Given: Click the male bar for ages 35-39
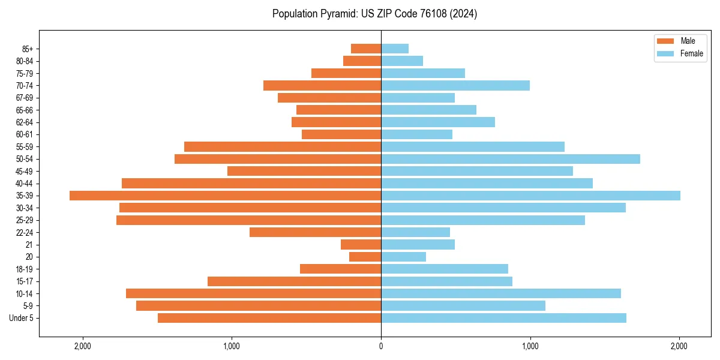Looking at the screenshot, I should (225, 196).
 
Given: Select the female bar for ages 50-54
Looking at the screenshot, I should (510, 159).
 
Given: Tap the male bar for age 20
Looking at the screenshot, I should (365, 257).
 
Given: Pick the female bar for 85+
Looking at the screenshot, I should (395, 49).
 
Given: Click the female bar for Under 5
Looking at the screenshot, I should (503, 318).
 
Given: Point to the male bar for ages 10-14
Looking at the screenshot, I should (253, 293).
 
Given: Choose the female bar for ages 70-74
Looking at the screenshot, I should (455, 85).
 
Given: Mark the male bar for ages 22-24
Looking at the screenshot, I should (315, 232).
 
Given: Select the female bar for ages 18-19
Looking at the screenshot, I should (445, 269).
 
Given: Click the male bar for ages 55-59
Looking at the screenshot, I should (283, 146).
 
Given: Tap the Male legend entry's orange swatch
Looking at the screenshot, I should (665, 41).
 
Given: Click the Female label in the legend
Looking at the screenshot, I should (691, 53).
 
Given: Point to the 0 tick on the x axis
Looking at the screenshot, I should (381, 346).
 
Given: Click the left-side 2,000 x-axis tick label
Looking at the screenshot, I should (82, 346).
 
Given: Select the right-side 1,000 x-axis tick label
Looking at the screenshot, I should (530, 346).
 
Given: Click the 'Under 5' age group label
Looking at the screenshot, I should (21, 318).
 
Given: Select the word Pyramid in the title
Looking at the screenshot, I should (334, 14).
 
